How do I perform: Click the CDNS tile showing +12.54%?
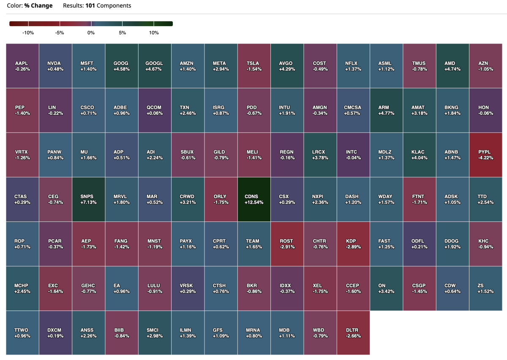click(x=254, y=199)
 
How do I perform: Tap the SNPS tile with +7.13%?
click(x=89, y=199)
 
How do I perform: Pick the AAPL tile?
click(x=22, y=66)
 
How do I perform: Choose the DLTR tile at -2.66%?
click(x=353, y=333)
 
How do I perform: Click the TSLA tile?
click(x=254, y=66)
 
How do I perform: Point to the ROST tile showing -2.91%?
click(x=287, y=244)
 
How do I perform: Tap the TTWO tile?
click(x=22, y=333)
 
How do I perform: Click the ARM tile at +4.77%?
click(x=386, y=110)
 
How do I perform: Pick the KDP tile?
click(x=353, y=244)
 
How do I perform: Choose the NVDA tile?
click(x=55, y=66)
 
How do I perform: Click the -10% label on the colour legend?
click(x=28, y=33)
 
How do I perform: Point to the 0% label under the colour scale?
click(x=91, y=33)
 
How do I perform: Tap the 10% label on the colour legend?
click(x=154, y=33)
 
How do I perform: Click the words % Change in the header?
click(x=39, y=6)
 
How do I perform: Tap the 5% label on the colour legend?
click(x=123, y=33)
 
